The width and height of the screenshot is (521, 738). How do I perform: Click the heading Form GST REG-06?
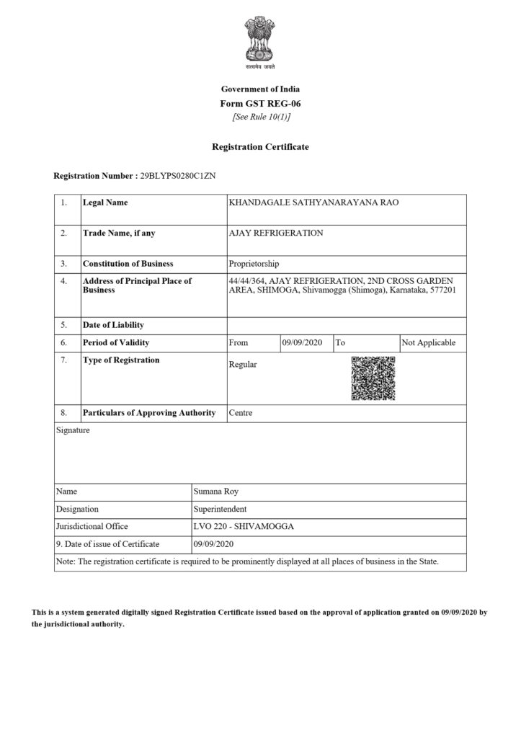tap(260, 104)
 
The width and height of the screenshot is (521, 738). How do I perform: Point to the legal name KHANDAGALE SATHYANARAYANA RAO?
tap(313, 203)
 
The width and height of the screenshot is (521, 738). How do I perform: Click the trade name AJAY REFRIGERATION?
tap(276, 233)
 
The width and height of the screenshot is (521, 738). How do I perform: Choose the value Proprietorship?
tap(254, 264)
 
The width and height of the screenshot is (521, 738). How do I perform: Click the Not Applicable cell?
tap(428, 343)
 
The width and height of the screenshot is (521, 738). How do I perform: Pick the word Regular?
tap(243, 365)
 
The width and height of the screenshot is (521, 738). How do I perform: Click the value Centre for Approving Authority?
tap(241, 413)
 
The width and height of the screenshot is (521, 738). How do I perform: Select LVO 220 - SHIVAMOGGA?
tap(244, 526)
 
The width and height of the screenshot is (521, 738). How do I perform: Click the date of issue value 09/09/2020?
tap(215, 544)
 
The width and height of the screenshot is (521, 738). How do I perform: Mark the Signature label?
tap(73, 431)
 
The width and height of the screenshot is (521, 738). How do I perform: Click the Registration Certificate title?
tap(260, 147)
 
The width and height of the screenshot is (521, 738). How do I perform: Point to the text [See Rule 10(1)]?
tap(260, 117)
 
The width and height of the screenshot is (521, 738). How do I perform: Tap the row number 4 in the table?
tap(64, 280)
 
